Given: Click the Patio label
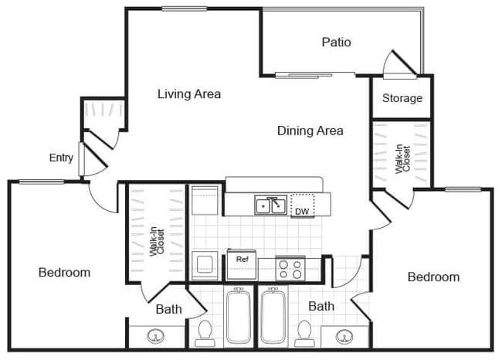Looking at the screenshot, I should [336, 42].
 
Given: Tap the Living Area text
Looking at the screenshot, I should [189, 94].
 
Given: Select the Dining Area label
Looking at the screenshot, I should [310, 131].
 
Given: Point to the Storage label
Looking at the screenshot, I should [402, 98].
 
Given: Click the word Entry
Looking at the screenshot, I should [61, 158].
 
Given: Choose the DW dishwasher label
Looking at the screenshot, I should [301, 211].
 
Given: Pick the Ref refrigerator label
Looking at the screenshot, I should [242, 260].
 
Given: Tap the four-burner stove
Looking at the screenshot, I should [290, 268].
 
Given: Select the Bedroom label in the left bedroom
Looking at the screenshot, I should [64, 272].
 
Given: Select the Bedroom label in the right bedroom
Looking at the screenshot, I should [433, 277].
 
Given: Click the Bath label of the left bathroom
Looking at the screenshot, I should [168, 309].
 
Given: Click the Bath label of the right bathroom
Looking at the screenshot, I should [321, 306].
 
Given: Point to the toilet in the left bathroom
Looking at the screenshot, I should [205, 331].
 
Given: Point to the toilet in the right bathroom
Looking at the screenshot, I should [304, 331].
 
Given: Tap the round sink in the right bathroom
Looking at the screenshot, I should [344, 337].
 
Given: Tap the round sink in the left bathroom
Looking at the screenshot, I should [157, 337].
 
